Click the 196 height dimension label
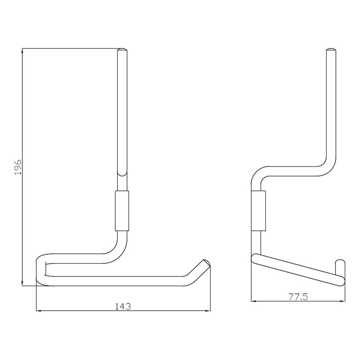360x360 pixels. click(x=18, y=167)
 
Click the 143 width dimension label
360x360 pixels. click(x=123, y=306)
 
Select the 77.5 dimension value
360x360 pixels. click(x=298, y=297)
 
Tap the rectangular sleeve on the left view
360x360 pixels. click(x=122, y=211)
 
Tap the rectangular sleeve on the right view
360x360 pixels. click(x=258, y=211)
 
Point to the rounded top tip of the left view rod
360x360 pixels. click(x=122, y=49)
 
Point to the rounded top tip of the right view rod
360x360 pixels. click(x=331, y=49)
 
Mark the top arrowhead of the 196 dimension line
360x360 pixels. click(x=22, y=51)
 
